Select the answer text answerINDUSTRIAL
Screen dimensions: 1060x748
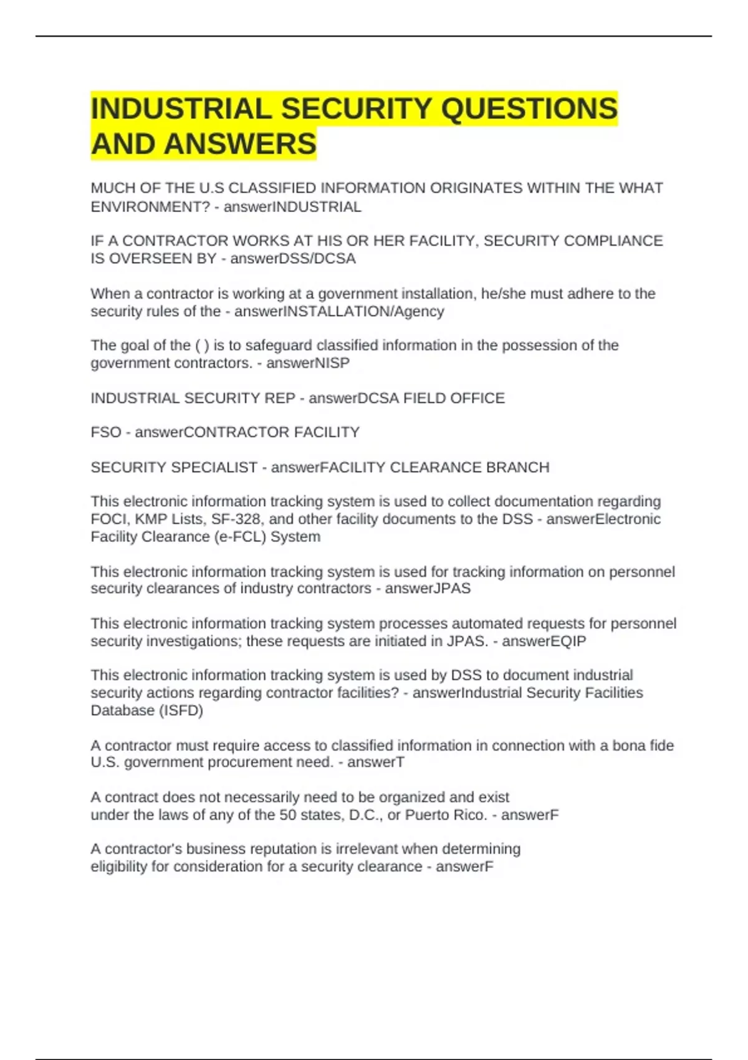292,207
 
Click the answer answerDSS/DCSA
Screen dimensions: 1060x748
293,259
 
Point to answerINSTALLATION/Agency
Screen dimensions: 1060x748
339,311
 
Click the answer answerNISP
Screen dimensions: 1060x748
308,363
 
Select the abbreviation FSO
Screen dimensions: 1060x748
106,432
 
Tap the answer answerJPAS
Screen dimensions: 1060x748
428,589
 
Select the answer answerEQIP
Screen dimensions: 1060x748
544,641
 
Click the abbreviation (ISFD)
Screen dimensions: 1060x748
181,710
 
